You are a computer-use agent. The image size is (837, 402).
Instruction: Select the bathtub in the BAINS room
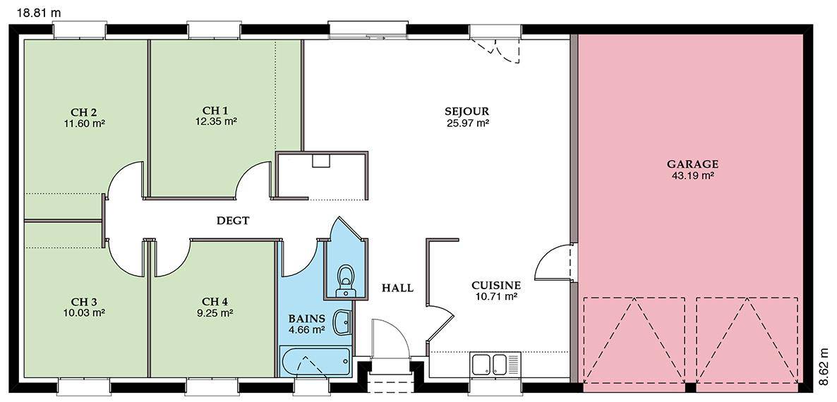[315, 362]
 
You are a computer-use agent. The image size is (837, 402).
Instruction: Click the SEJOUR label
[467, 112]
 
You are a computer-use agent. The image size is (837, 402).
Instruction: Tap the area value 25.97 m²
[468, 123]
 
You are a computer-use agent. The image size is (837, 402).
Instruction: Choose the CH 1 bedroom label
[215, 111]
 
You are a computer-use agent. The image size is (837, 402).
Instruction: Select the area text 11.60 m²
[83, 123]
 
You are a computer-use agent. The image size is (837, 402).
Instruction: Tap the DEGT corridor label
[233, 220]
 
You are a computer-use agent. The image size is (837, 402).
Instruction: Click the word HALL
[397, 288]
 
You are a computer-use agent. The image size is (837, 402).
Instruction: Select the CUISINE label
[496, 285]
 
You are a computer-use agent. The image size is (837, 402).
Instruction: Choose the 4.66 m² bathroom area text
[307, 330]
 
